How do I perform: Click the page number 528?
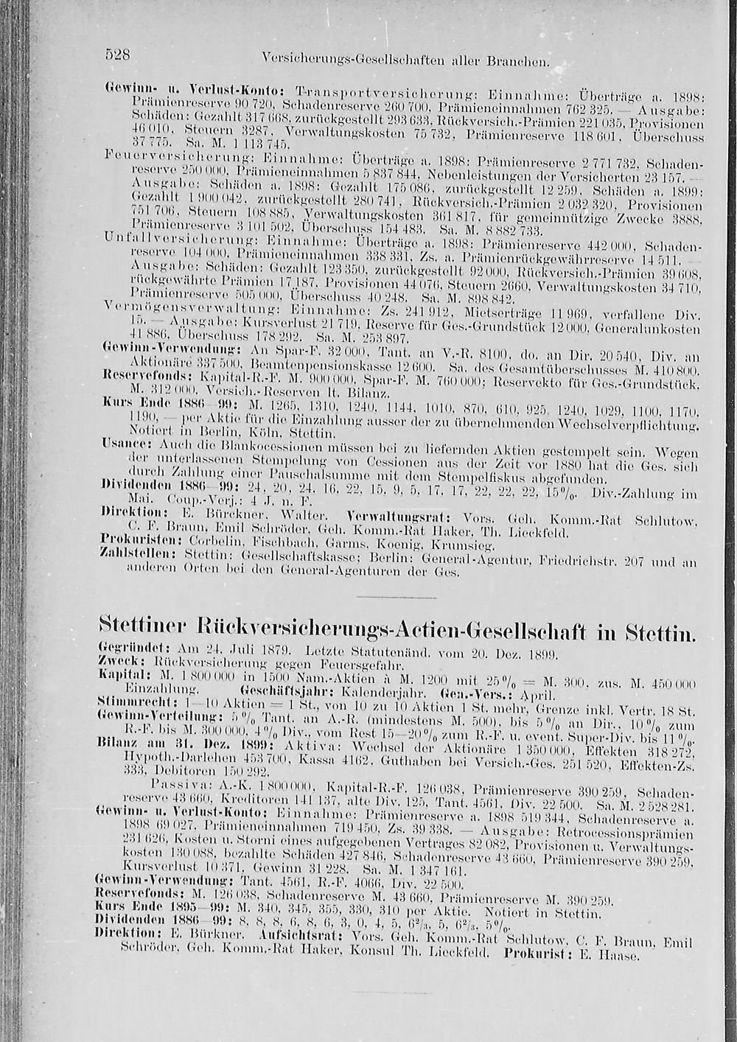click(x=116, y=54)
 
